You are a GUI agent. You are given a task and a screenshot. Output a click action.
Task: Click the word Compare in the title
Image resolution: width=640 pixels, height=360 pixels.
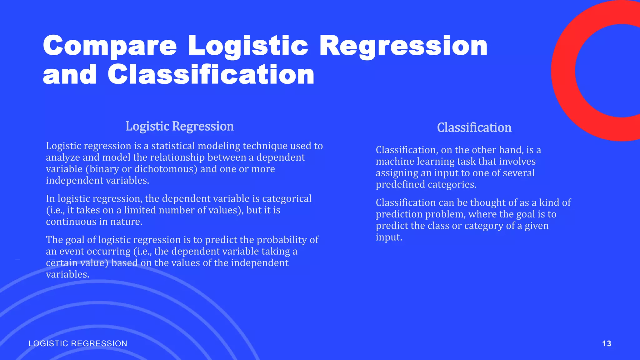tap(110, 46)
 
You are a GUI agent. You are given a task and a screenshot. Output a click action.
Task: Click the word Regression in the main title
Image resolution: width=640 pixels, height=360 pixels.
tap(403, 46)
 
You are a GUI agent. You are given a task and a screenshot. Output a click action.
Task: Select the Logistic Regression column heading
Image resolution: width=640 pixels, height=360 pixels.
tap(180, 126)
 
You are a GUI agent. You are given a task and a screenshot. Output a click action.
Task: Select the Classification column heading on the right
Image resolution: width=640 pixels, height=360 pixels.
tap(474, 127)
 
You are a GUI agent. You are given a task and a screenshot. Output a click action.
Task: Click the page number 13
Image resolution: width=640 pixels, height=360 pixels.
tap(607, 343)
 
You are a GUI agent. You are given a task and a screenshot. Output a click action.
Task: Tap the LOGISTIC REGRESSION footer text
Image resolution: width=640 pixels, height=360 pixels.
tap(78, 343)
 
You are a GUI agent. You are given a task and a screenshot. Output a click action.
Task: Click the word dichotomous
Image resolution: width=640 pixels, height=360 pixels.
tap(164, 169)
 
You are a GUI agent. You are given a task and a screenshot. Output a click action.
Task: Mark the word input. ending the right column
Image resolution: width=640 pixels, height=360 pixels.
tap(389, 237)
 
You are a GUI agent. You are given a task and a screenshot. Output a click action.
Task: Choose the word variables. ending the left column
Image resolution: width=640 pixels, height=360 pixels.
tap(67, 274)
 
